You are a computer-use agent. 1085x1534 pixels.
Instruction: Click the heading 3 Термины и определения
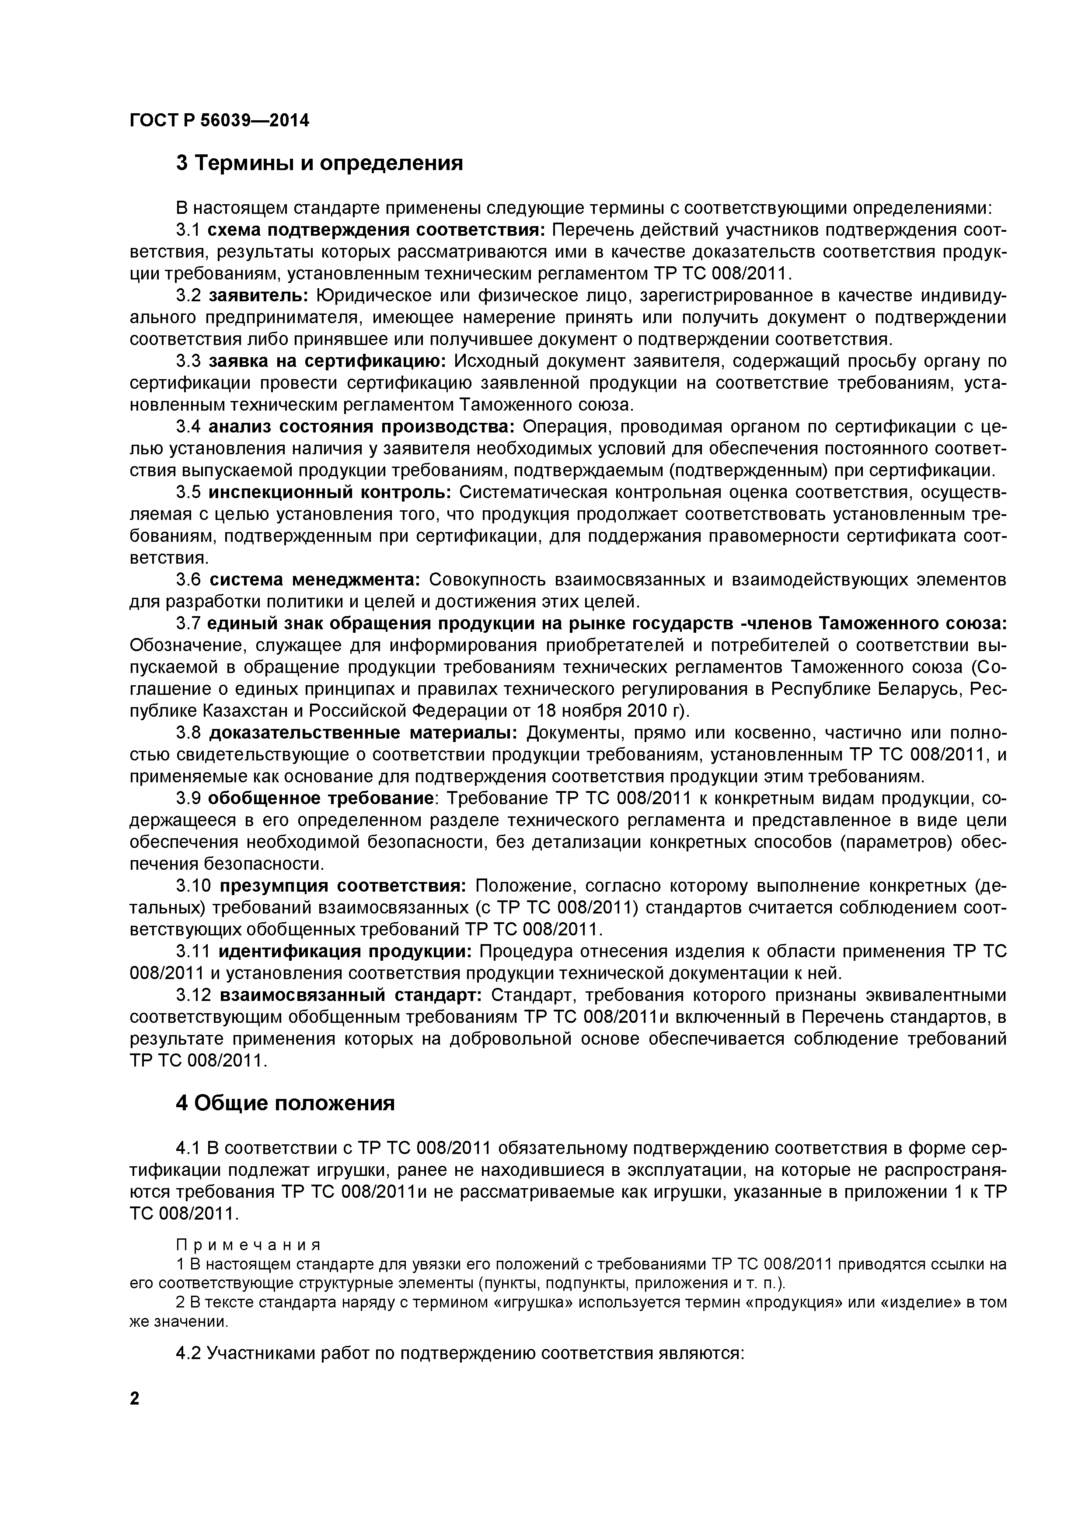tap(319, 162)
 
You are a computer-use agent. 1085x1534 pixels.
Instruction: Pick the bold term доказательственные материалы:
tap(363, 733)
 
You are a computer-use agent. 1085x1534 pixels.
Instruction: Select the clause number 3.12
tap(194, 996)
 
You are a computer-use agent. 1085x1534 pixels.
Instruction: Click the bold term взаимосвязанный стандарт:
tap(351, 996)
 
